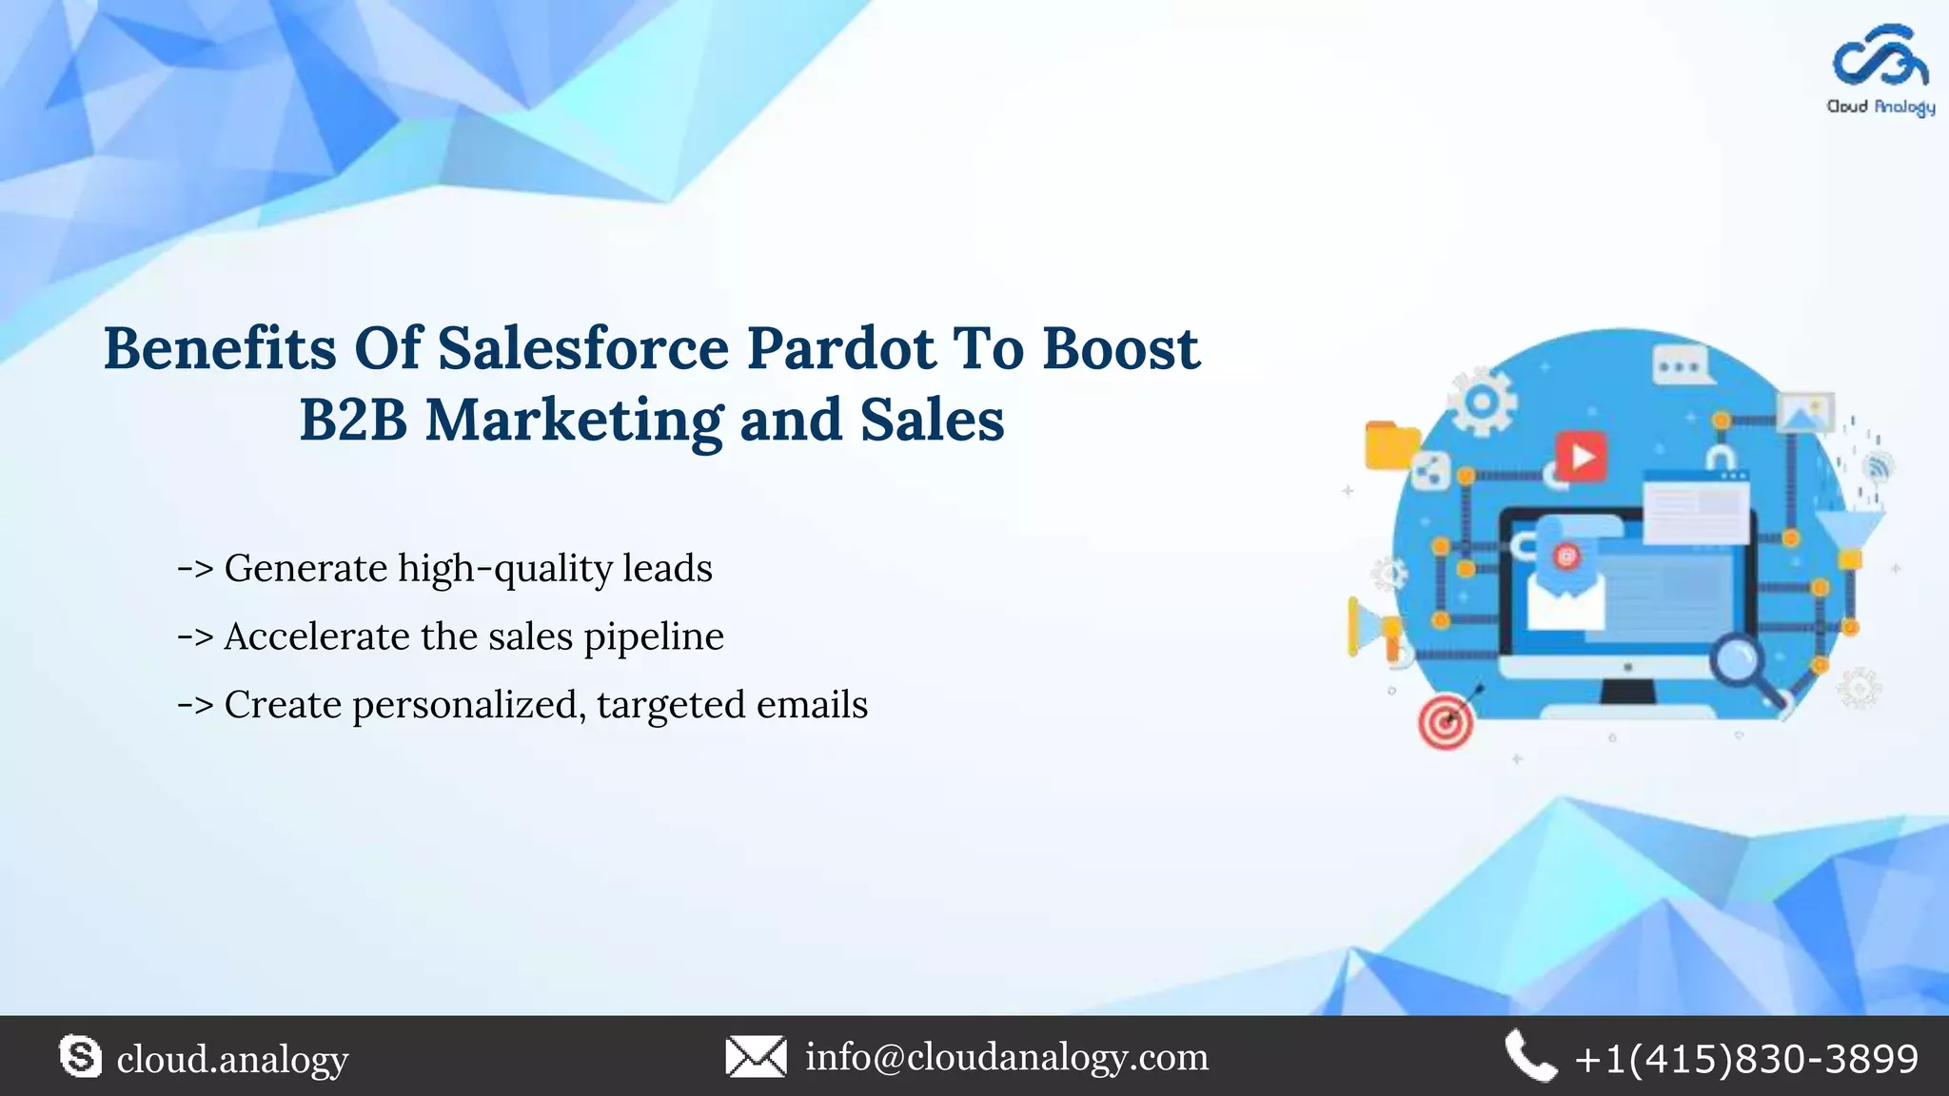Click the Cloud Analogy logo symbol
pos(1880,58)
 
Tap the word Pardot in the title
pos(840,348)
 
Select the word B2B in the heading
pos(353,420)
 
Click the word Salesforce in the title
pos(582,348)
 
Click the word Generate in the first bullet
pos(305,569)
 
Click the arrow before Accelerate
pos(195,637)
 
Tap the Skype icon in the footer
pos(80,1057)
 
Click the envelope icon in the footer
pos(756,1057)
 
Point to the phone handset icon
pos(1529,1057)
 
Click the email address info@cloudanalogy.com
pos(1007,1057)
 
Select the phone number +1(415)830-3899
pos(1746,1059)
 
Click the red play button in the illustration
pos(1581,457)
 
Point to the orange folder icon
pos(1391,445)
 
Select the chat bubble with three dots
pos(1680,366)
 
